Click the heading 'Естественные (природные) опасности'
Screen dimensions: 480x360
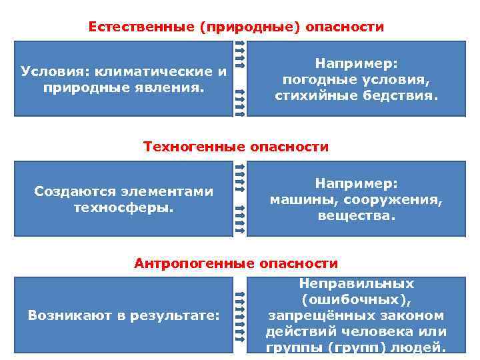(236, 27)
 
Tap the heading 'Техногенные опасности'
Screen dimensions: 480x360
(236, 147)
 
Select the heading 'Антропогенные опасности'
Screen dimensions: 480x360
(236, 263)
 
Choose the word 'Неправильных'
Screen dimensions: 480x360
(356, 283)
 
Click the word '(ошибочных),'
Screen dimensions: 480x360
(356, 299)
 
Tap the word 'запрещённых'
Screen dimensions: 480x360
(313, 315)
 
